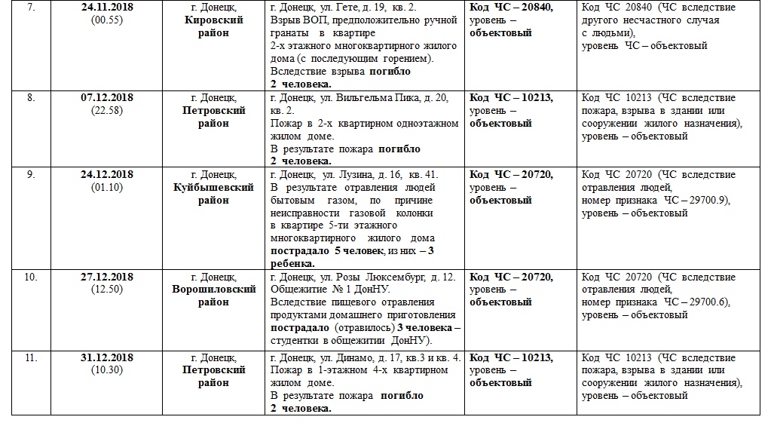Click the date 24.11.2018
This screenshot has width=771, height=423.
coord(106,8)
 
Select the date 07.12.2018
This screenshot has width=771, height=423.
coord(106,98)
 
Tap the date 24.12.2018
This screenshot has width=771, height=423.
coord(106,175)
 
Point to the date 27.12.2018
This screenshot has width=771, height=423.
coord(106,277)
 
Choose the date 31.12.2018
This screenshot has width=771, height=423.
coord(106,357)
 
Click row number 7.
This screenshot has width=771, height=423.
coord(31,8)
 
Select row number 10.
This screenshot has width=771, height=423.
coord(31,277)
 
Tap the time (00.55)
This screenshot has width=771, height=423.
coord(106,20)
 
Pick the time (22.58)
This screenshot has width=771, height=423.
coord(106,111)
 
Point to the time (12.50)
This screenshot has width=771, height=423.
coord(106,290)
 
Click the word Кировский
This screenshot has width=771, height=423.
coord(213,20)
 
